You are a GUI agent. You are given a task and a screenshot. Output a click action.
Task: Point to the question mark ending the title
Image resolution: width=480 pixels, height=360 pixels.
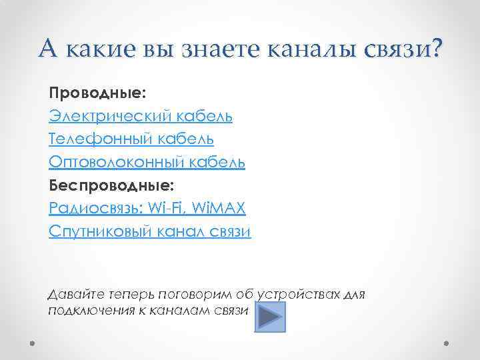[x=435, y=49]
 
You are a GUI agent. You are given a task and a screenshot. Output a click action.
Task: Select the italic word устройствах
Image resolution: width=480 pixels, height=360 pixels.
[x=306, y=294]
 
